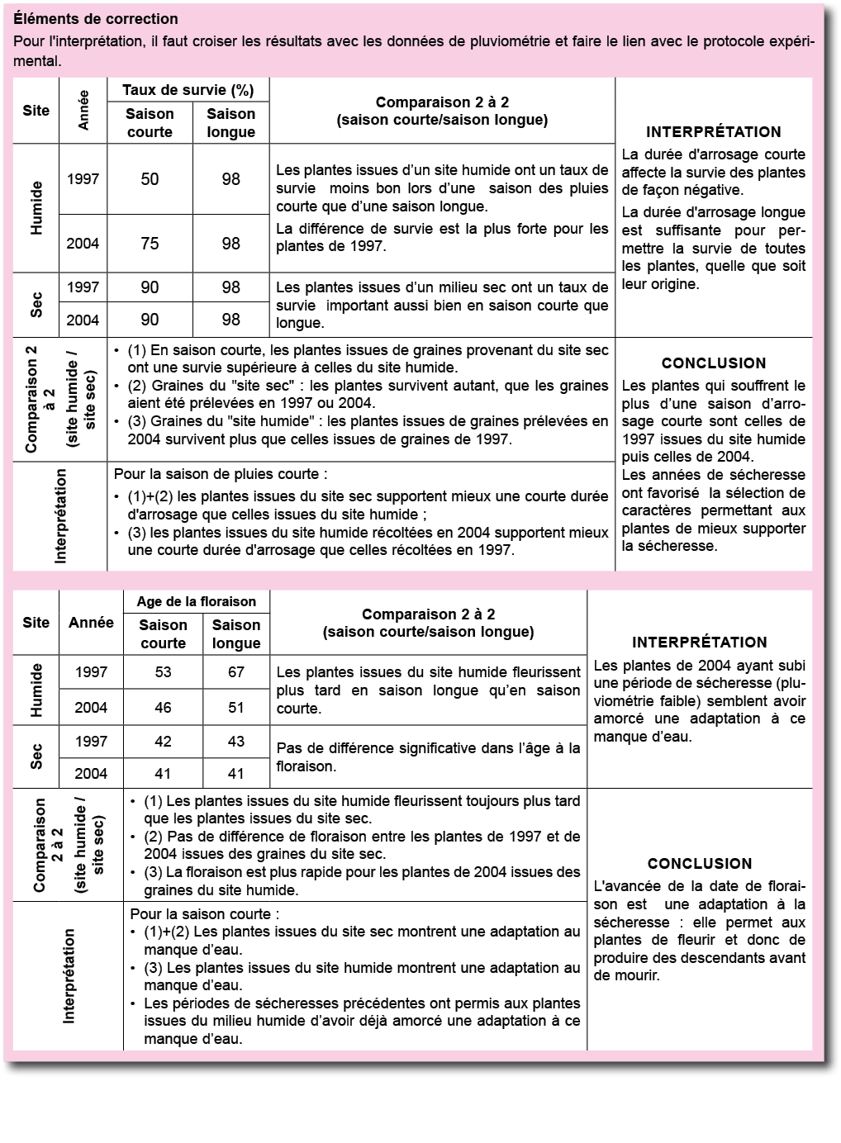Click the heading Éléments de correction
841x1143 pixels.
coord(97,19)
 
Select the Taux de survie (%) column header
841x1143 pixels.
coord(188,90)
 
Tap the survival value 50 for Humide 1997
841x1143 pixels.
coord(150,179)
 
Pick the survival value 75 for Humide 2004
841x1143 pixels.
coord(150,244)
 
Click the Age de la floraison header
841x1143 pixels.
coord(197,601)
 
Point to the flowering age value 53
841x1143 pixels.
coord(164,672)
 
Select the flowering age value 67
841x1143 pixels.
coord(236,672)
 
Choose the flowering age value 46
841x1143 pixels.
coord(164,708)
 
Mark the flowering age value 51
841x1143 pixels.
coord(236,708)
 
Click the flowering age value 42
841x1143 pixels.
coord(164,742)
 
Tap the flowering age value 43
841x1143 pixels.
coord(236,742)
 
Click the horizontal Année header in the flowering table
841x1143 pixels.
coord(91,623)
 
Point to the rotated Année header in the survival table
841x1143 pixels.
coord(83,110)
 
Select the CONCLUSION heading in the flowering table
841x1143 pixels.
coord(700,864)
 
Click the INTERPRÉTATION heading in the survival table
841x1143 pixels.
coord(713,132)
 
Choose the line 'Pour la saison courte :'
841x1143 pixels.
coord(205,914)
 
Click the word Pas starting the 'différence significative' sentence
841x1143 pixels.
coord(288,748)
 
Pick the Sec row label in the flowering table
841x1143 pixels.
coord(36,757)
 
